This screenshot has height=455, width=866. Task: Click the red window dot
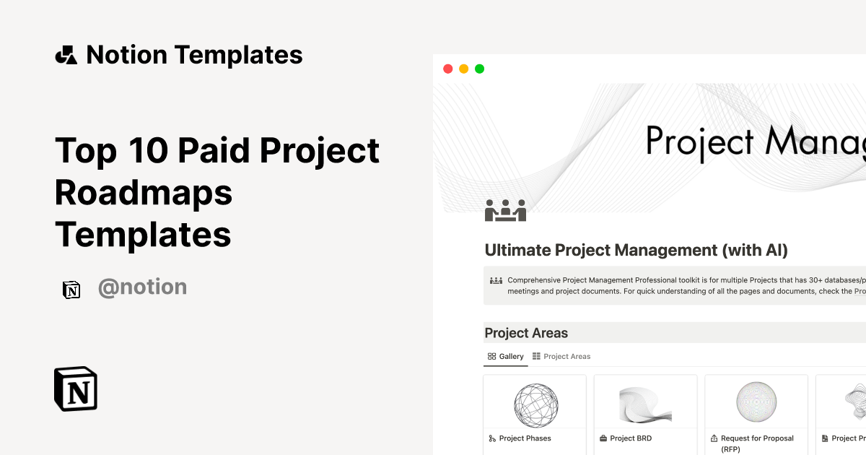click(447, 69)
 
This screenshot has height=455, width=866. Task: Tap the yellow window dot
click(463, 69)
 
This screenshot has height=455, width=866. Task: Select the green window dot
click(479, 69)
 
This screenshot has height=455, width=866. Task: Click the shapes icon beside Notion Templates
click(66, 55)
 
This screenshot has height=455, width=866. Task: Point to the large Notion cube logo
click(76, 389)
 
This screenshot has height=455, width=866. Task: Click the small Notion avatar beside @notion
click(71, 289)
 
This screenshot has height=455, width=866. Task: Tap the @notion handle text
click(142, 287)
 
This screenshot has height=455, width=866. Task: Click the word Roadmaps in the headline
click(144, 192)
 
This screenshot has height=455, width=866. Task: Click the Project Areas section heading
click(526, 333)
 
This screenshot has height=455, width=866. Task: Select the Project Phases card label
click(525, 438)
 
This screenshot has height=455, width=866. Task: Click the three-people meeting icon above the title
click(505, 210)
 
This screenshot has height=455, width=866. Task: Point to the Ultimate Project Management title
click(636, 251)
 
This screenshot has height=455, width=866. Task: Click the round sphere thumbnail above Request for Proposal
click(757, 402)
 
